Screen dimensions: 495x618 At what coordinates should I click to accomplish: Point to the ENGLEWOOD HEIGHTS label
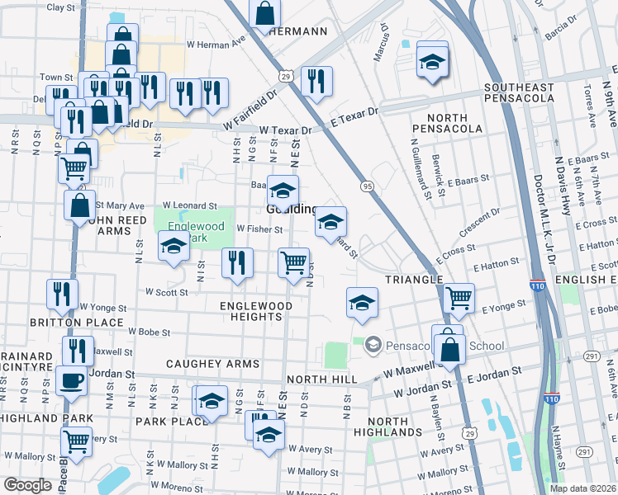[x=256, y=311]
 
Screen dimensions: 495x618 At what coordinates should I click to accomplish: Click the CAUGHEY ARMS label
[x=212, y=364]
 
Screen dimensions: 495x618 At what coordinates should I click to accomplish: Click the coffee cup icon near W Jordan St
[x=72, y=381]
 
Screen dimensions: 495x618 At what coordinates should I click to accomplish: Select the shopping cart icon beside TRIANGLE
[x=459, y=297]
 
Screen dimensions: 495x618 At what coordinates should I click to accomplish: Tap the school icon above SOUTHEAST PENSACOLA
[x=432, y=62]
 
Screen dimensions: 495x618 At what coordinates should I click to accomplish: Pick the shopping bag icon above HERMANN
[x=264, y=12]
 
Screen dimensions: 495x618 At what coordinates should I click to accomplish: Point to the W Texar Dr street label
[x=285, y=130]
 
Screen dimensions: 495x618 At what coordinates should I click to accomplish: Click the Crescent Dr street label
[x=481, y=225]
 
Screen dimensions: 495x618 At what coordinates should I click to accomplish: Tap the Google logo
[x=27, y=486]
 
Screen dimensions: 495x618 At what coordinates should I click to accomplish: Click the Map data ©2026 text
[x=583, y=488]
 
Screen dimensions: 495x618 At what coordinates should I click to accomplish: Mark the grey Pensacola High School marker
[x=373, y=343]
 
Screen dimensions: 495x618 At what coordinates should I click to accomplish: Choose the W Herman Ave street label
[x=217, y=41]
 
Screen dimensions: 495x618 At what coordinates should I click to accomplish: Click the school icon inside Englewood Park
[x=174, y=246]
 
